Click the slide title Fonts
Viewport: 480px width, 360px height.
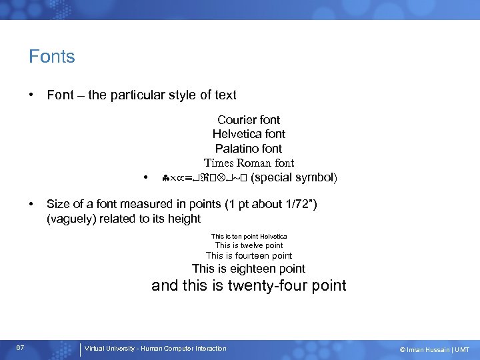point(52,57)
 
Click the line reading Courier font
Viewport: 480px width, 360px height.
point(249,120)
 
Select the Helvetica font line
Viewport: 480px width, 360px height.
point(249,134)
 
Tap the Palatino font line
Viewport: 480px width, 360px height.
point(249,149)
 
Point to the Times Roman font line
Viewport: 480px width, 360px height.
point(249,163)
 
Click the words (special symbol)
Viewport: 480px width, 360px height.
point(294,177)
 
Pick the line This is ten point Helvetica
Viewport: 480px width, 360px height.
point(249,236)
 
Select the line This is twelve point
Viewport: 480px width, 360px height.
point(249,245)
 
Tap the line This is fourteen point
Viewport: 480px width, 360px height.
point(249,255)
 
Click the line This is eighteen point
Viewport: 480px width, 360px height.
point(249,269)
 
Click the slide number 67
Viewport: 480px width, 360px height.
point(21,348)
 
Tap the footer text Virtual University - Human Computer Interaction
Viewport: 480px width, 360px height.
point(155,348)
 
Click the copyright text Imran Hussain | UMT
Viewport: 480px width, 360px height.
point(434,350)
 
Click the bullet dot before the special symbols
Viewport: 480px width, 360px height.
point(145,178)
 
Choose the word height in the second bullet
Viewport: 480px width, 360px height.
point(184,219)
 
